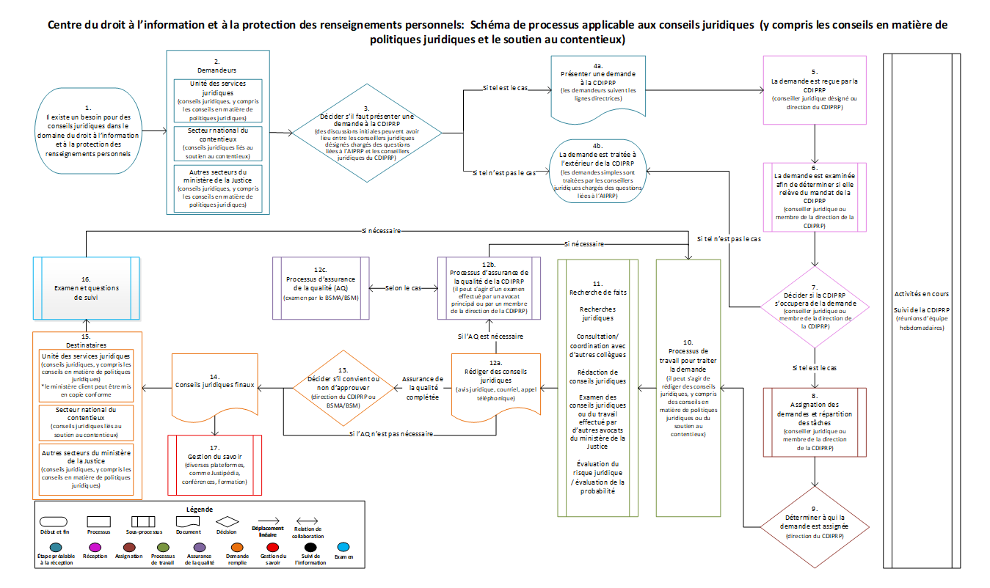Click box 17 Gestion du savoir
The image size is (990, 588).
214,464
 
